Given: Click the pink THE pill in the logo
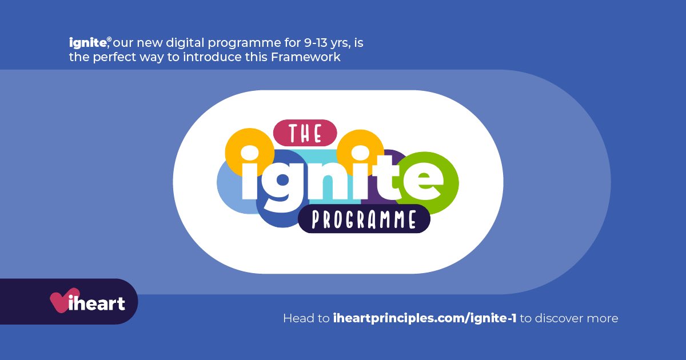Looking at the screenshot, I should tap(305, 133).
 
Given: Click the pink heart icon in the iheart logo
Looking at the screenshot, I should tap(59, 301).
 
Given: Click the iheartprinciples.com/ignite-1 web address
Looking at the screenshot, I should tap(425, 318).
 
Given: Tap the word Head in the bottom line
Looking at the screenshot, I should tap(298, 318).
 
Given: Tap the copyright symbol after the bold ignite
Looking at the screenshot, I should tap(109, 39).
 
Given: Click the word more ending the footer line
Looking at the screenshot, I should tap(605, 318).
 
